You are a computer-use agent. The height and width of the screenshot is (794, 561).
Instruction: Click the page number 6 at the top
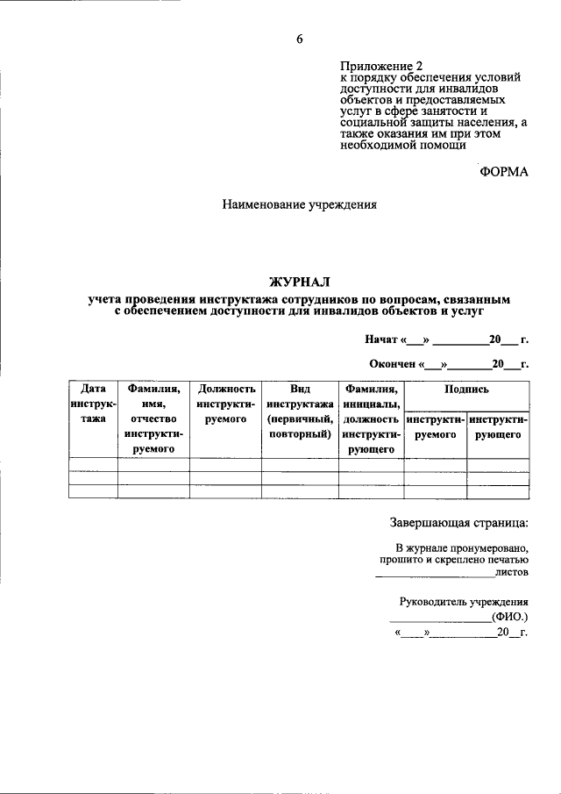click(x=298, y=39)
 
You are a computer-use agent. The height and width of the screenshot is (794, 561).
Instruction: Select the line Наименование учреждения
click(x=299, y=205)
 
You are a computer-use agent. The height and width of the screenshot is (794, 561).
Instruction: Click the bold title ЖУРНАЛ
click(x=299, y=282)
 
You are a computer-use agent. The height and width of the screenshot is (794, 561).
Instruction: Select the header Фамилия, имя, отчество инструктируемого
click(x=153, y=418)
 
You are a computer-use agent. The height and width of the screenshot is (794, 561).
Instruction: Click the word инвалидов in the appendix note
click(x=490, y=89)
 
